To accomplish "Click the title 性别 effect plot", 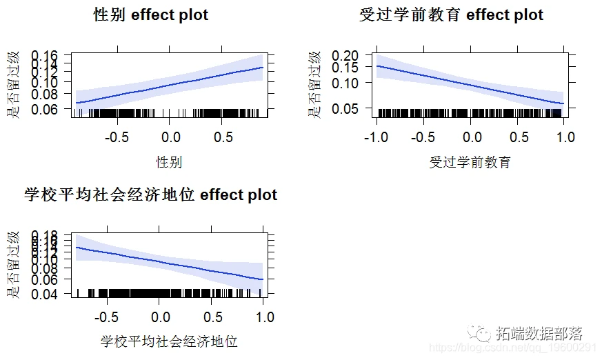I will (x=150, y=15).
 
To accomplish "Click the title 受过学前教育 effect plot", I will (x=451, y=15).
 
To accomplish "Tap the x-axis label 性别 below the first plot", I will (x=169, y=162).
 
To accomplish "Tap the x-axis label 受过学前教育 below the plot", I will (x=470, y=162).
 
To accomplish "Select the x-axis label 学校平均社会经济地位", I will (x=169, y=341).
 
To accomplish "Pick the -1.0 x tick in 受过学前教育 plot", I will (x=377, y=137).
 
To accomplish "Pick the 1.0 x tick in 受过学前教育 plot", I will (x=565, y=137).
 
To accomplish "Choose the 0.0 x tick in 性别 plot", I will (x=170, y=137).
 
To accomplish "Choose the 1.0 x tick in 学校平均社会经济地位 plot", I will (x=263, y=317).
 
